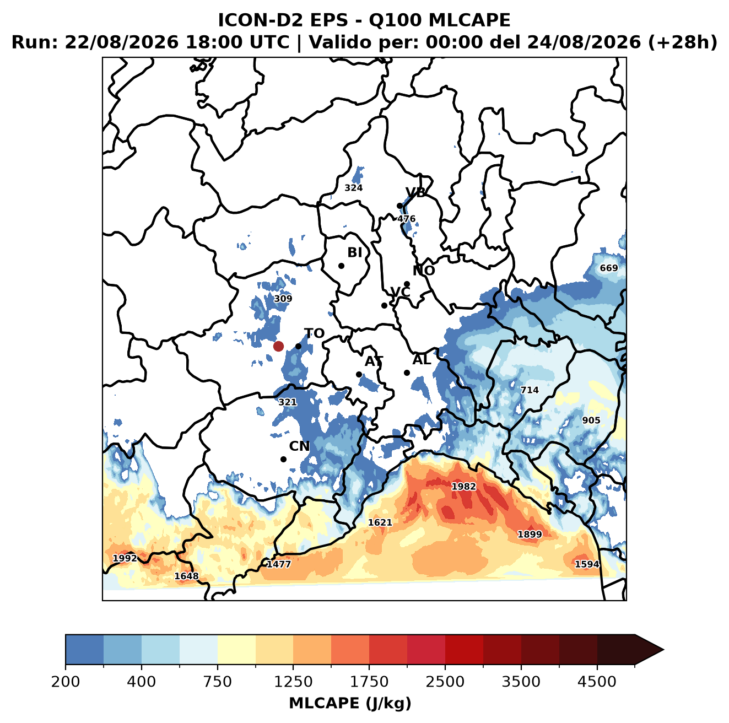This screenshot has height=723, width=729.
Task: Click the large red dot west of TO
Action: coord(278,346)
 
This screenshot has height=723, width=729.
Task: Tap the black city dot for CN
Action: coord(283,459)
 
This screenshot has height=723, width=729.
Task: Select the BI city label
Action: coord(354,252)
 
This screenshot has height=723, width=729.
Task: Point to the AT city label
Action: coord(374,361)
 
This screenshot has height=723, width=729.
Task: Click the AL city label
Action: coord(422,360)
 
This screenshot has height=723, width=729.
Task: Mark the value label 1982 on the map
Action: coord(464,487)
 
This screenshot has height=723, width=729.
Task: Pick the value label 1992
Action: coord(125,558)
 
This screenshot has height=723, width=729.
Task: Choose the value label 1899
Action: coord(530,534)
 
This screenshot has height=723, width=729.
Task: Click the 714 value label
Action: coord(529,390)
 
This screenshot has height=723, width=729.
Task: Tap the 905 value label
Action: coord(591,420)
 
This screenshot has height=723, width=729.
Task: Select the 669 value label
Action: coord(609,268)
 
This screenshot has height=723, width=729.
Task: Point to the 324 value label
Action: coord(353,188)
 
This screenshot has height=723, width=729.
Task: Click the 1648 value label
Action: coord(186,576)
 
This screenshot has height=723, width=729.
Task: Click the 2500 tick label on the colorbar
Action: coord(445,682)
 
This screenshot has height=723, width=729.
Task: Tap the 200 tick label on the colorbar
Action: coord(66,682)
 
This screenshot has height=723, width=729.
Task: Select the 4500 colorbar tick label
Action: coord(597,682)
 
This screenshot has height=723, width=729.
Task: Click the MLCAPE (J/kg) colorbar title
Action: coord(350,704)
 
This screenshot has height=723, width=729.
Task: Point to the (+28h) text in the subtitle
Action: coord(682,42)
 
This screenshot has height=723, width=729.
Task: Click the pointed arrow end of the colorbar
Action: coord(663,650)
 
